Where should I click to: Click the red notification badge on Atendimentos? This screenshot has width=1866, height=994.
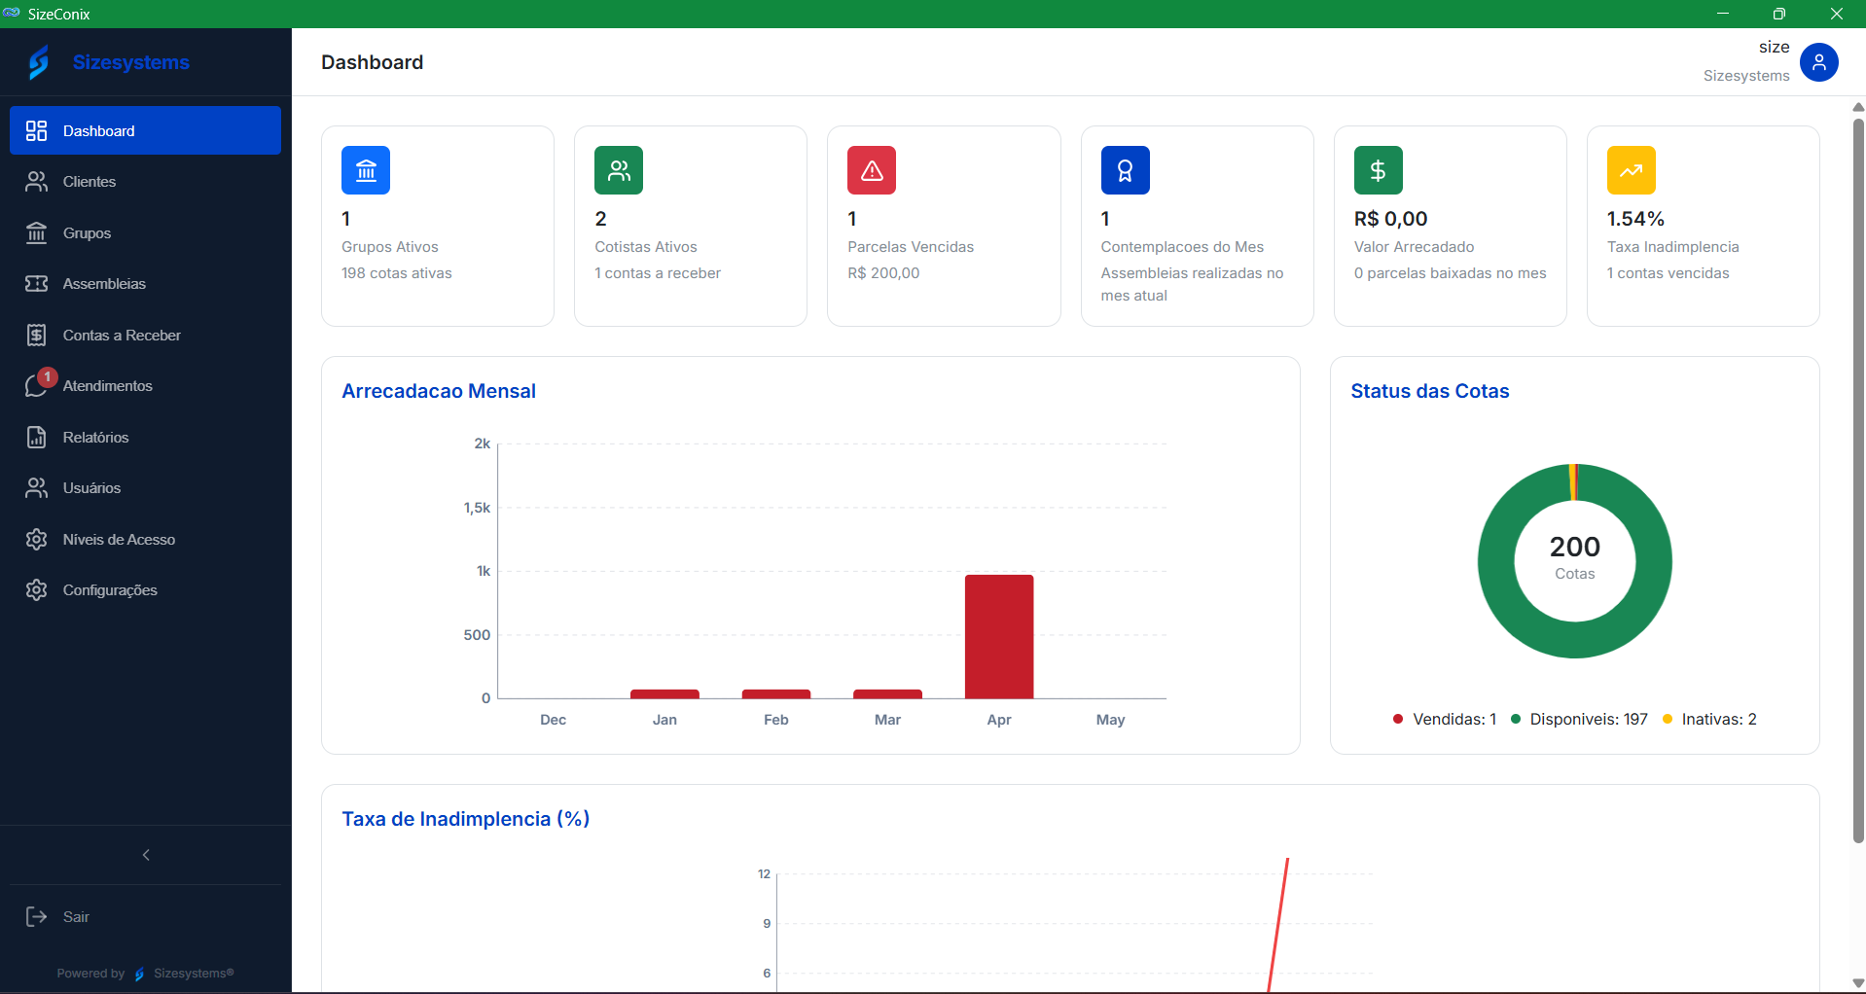tap(47, 377)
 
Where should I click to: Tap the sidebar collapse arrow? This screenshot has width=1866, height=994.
tap(146, 855)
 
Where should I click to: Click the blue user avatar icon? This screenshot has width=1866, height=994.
tap(1818, 62)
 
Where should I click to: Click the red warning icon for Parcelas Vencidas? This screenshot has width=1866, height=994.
tap(872, 170)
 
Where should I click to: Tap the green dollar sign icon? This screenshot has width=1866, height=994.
tap(1378, 170)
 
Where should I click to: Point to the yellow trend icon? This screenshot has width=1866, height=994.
tap(1631, 170)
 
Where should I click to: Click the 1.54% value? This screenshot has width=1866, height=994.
tap(1635, 219)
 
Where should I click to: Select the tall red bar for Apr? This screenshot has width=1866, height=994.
tap(999, 637)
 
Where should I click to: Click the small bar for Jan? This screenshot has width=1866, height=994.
tap(664, 694)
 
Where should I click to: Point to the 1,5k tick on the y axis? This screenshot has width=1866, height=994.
tap(477, 508)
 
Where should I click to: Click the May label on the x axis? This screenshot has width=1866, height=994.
tap(1110, 720)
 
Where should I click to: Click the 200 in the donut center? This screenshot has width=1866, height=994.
tap(1574, 547)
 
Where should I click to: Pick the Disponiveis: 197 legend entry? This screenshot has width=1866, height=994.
tap(1579, 720)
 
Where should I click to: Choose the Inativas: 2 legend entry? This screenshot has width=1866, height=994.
tap(1709, 720)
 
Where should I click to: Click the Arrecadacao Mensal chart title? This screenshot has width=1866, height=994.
tap(439, 391)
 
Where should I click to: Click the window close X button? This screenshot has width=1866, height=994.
tap(1836, 14)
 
